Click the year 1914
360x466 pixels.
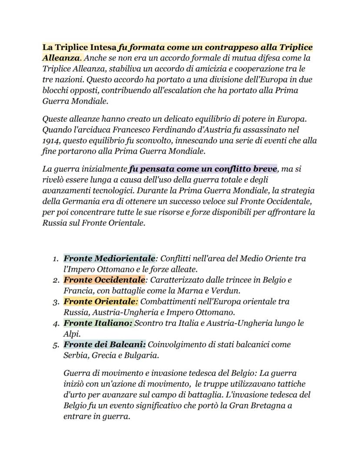coord(50,141)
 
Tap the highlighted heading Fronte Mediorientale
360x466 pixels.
coord(109,258)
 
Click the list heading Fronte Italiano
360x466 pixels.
coord(98,323)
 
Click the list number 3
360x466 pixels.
coord(56,302)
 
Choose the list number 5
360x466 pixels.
coord(56,345)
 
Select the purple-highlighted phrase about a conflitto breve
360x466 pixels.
coord(203,168)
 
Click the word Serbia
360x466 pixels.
coord(75,355)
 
